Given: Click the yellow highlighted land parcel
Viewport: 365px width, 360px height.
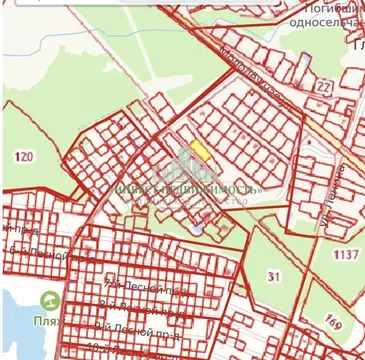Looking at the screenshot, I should (x=200, y=149).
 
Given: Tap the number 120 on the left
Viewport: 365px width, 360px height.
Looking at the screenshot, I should (x=24, y=157).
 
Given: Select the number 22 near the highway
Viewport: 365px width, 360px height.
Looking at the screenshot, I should (x=323, y=89).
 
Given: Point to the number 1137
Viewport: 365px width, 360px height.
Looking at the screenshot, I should (x=345, y=255).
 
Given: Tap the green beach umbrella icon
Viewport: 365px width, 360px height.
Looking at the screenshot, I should (x=48, y=300).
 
